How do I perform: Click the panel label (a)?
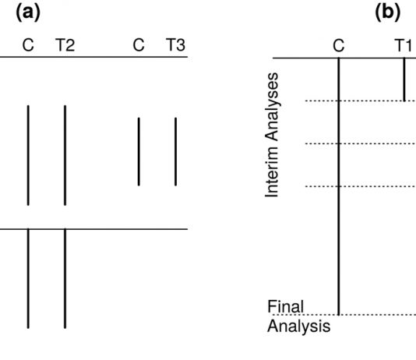[x=28, y=13]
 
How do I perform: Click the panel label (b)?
[x=388, y=13]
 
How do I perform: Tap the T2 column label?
[x=65, y=45]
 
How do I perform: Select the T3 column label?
[x=175, y=44]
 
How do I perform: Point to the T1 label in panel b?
[x=404, y=45]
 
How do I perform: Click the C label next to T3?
[x=139, y=45]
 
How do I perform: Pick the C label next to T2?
[x=28, y=45]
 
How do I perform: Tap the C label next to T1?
[x=339, y=46]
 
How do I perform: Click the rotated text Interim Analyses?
[x=272, y=135]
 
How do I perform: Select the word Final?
[x=285, y=307]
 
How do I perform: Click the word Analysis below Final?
[x=298, y=326]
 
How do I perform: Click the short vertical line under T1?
[x=404, y=79]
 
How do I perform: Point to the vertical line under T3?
[x=175, y=151]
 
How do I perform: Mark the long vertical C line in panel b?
[x=339, y=186]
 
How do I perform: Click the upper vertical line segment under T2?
[x=65, y=155]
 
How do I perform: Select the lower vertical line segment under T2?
[x=65, y=278]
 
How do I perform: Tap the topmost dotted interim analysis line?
[x=361, y=101]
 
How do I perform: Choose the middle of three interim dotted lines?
[x=361, y=144]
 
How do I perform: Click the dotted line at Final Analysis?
[x=344, y=315]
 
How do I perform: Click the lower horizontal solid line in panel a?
[x=94, y=229]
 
